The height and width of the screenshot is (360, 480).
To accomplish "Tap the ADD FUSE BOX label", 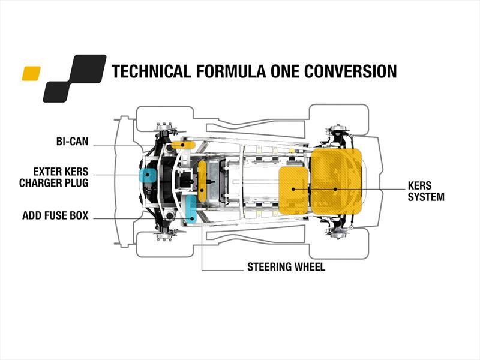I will tap(55, 215).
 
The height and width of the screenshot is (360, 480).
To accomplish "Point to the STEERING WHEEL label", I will tap(286, 267).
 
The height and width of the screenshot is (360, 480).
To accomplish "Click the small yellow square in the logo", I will tap(31, 73).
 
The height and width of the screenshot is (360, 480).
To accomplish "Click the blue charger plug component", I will tap(146, 175).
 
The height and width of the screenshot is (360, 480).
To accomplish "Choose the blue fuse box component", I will tap(191, 209).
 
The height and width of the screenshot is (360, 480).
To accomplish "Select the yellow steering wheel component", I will tap(202, 180).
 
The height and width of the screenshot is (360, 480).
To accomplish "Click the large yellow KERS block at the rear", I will tap(337, 182).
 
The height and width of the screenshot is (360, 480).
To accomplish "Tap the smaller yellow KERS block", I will tap(293, 190).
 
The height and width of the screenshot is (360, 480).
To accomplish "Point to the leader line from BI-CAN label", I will tap(132, 144).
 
